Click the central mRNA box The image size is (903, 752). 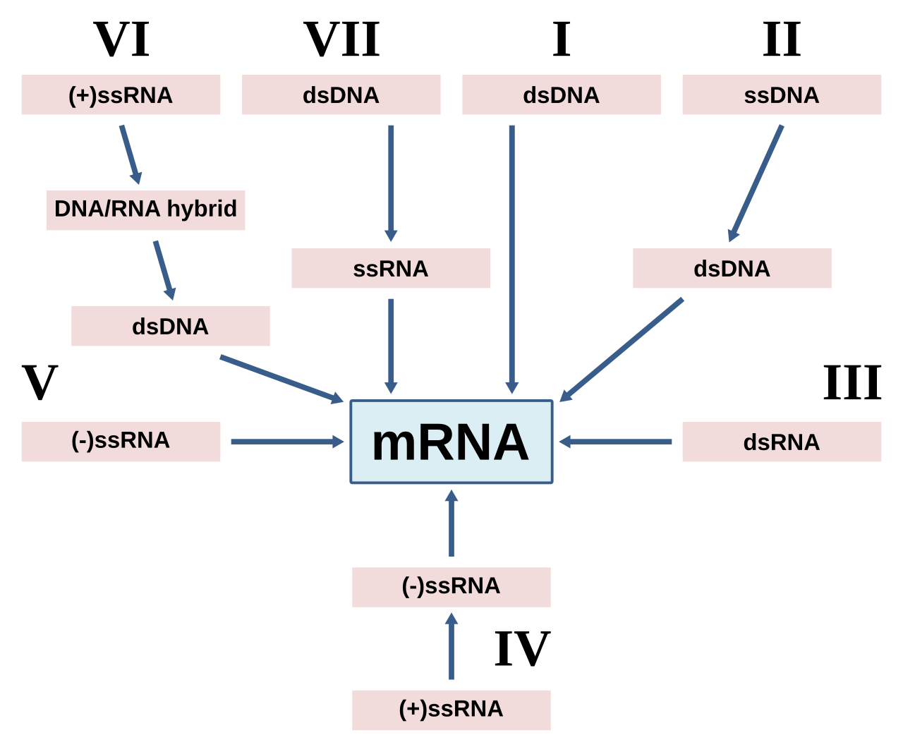click(451, 442)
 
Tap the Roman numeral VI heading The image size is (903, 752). click(121, 40)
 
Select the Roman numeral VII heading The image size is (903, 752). click(341, 40)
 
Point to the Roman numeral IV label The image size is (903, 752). click(522, 648)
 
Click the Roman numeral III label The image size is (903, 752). click(852, 382)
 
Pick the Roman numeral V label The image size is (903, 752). click(40, 382)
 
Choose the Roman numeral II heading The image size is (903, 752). click(782, 40)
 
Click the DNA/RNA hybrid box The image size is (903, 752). click(146, 210)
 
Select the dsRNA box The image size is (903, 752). click(782, 442)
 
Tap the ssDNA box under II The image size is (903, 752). click(782, 95)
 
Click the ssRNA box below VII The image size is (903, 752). click(391, 268)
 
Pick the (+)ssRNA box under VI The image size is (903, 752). click(121, 95)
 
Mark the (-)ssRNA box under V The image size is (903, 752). click(121, 442)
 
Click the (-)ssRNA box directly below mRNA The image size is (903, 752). click(451, 587)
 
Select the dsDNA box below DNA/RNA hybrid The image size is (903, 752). click(171, 326)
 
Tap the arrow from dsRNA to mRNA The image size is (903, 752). click(615, 442)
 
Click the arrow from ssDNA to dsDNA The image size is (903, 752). click(756, 183)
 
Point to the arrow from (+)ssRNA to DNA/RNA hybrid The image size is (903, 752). click(131, 154)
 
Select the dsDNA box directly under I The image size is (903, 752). click(562, 95)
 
